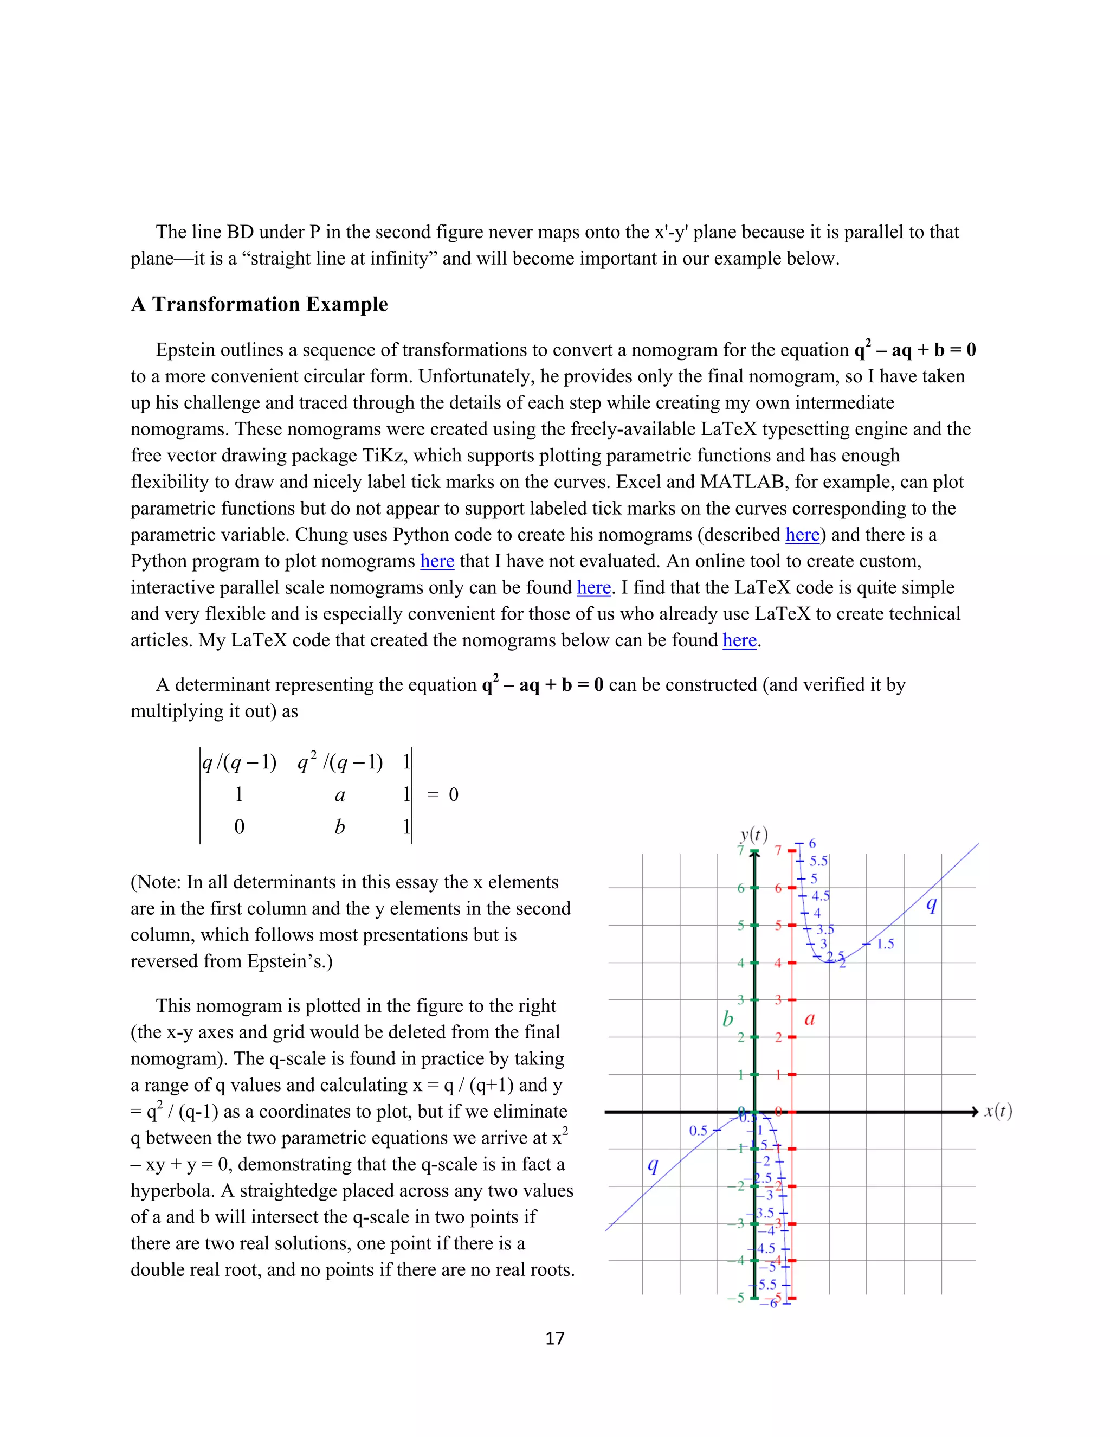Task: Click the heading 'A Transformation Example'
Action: coord(259,305)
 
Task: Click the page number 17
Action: coord(554,1338)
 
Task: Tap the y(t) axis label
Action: coord(753,835)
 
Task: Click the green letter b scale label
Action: coord(727,1019)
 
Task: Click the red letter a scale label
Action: coord(810,1019)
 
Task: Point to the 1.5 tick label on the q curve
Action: coord(885,944)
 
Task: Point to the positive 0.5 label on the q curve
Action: coord(698,1131)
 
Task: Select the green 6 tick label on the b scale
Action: coord(740,888)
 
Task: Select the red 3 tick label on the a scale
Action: coord(778,1000)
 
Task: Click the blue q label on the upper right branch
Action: coord(931,904)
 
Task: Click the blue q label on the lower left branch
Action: coord(653,1165)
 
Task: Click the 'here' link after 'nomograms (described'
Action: coord(802,535)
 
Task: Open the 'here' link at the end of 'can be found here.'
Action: coord(739,640)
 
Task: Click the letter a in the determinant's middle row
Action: coord(339,796)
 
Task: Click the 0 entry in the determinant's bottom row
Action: coord(240,827)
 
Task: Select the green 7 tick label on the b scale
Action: coord(740,851)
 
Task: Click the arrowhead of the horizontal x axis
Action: coord(975,1111)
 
